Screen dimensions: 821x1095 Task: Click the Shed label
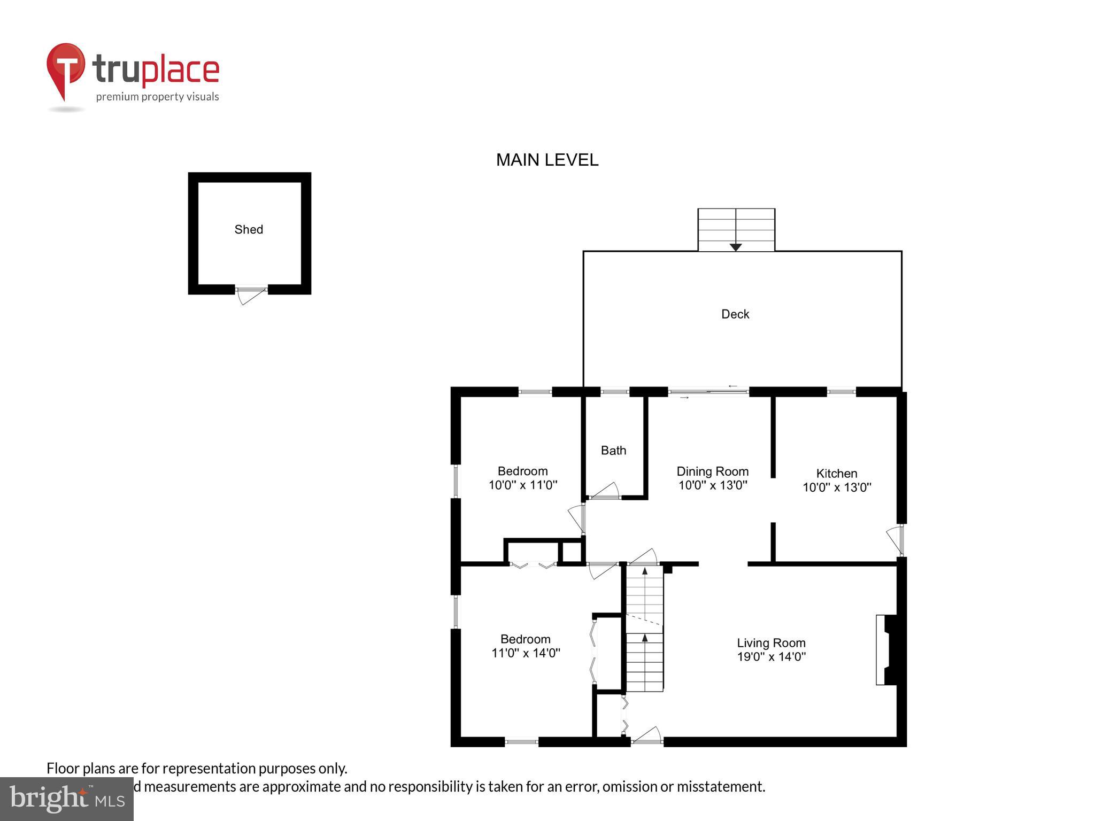click(x=249, y=229)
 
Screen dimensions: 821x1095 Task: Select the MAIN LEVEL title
click(x=547, y=160)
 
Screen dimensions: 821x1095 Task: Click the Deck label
click(x=735, y=314)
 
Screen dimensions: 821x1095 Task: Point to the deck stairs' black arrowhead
click(x=736, y=247)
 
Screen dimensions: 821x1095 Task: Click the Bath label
click(x=613, y=451)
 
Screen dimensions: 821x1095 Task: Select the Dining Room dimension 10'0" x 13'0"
click(x=713, y=485)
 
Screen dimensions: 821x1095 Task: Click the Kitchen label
click(x=836, y=473)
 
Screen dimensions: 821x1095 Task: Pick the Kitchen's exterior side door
click(x=895, y=540)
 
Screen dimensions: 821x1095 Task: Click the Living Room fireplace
click(x=886, y=649)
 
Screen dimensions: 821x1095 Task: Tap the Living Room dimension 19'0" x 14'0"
click(x=771, y=657)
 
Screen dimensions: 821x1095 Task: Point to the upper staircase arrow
click(x=645, y=572)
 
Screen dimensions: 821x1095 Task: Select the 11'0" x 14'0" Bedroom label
click(x=525, y=639)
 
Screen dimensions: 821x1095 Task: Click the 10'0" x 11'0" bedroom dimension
click(x=523, y=485)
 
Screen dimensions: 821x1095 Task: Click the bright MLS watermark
click(x=67, y=799)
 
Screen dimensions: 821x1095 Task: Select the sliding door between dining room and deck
click(x=708, y=392)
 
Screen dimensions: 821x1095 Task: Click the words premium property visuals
click(x=157, y=97)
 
